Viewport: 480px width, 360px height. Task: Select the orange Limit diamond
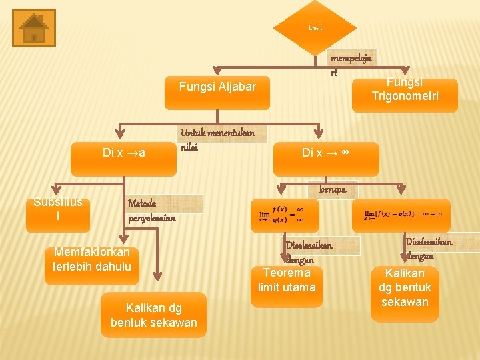click(315, 28)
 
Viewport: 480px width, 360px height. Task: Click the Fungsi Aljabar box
click(217, 87)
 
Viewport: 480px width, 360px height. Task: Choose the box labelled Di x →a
click(125, 153)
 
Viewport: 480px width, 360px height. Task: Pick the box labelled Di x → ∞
click(326, 153)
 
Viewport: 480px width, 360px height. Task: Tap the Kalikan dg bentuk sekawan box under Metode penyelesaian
click(153, 314)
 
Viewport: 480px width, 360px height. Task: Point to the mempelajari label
click(351, 64)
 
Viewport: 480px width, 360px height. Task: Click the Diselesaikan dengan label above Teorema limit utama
click(307, 253)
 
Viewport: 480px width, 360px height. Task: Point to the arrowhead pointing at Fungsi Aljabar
click(217, 69)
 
